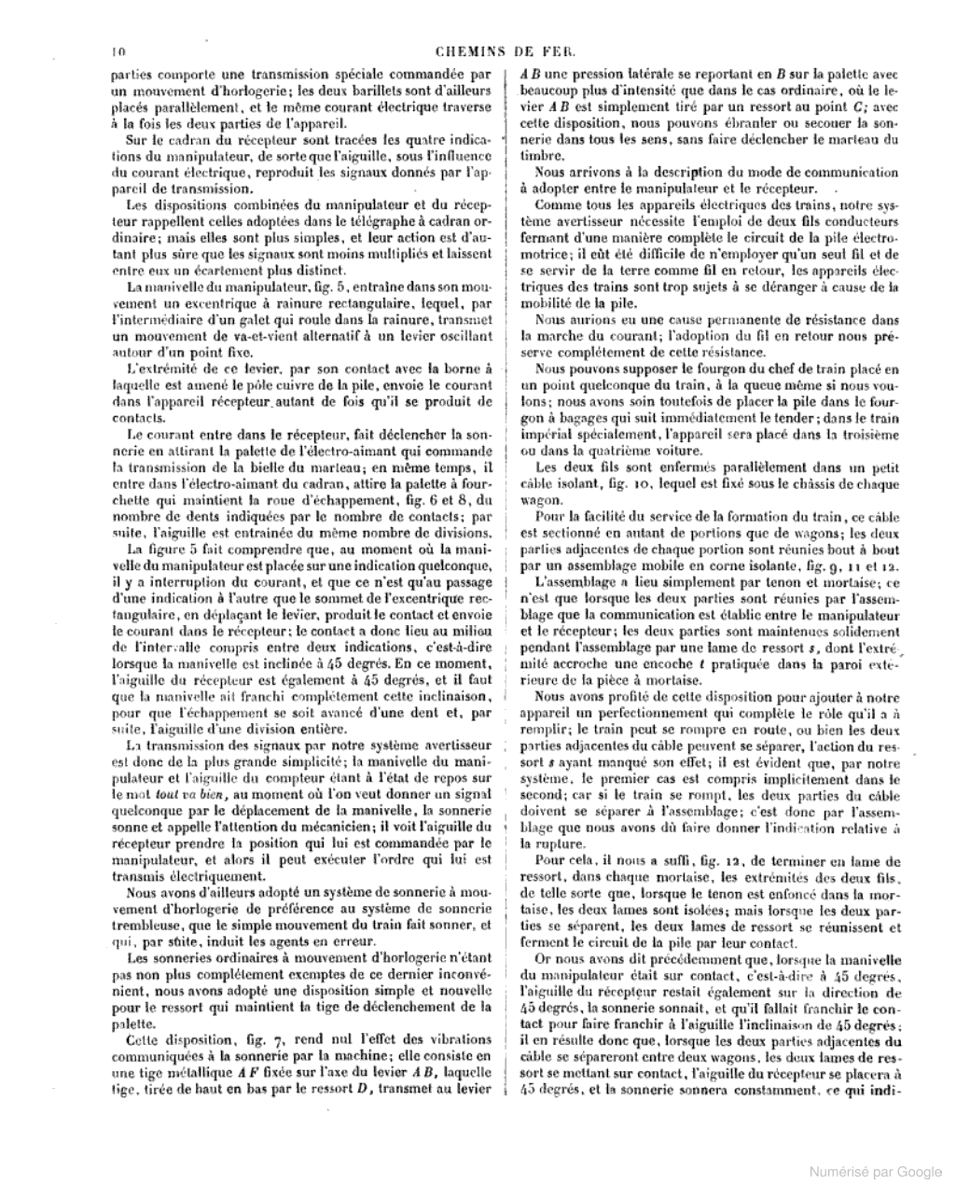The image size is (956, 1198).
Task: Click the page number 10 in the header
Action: (x=117, y=52)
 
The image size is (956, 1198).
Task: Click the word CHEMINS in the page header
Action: (x=477, y=52)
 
